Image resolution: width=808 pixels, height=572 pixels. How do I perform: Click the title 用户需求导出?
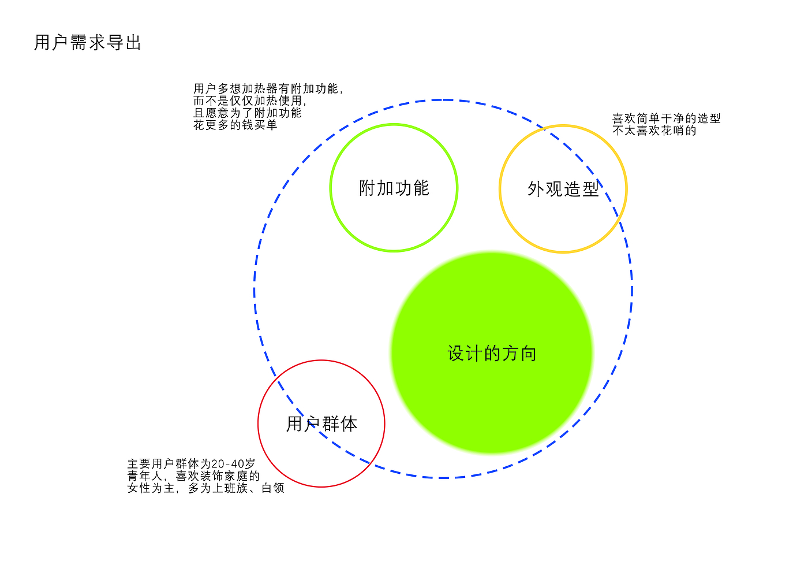[x=88, y=43]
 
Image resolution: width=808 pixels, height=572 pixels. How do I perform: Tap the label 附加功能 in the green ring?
[x=394, y=188]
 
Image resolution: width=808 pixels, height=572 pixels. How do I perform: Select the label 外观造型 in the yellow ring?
[x=563, y=189]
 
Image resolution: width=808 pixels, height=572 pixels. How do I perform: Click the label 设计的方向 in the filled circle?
[x=492, y=353]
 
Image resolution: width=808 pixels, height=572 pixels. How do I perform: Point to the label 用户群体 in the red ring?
[x=321, y=424]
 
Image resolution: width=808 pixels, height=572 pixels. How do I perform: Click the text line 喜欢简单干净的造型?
[x=666, y=118]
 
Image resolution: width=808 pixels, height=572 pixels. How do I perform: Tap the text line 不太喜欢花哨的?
[x=654, y=131]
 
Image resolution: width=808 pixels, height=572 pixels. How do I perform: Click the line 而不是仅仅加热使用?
[x=250, y=101]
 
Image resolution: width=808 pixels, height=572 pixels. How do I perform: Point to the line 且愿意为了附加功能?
[x=247, y=113]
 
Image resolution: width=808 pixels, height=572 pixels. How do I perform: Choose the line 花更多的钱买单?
[x=235, y=125]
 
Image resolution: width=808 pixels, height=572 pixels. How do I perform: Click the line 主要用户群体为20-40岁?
[x=191, y=463]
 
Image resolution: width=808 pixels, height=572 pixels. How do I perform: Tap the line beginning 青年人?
[x=193, y=476]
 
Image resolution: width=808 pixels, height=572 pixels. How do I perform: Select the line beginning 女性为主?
[x=205, y=488]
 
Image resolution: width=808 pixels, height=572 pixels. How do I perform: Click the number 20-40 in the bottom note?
[x=229, y=463]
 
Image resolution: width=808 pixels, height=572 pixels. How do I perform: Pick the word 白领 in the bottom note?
[x=273, y=488]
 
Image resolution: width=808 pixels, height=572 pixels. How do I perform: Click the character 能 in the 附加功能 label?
[x=421, y=188]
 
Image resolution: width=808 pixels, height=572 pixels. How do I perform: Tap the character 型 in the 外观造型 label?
[x=590, y=189]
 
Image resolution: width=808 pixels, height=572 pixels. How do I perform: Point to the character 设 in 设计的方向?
[x=457, y=353]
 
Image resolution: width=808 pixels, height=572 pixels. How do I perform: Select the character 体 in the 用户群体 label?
[x=349, y=424]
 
